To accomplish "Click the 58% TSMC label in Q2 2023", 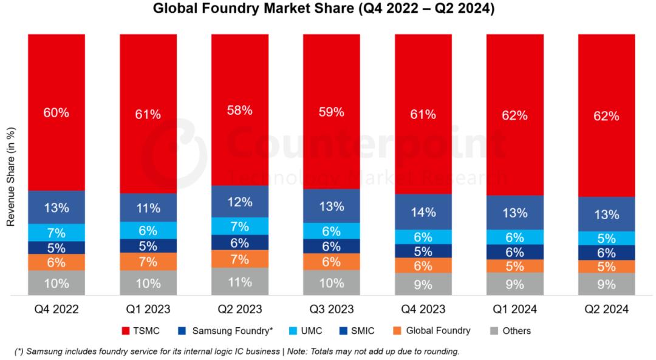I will [240, 111].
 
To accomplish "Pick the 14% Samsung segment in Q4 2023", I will [423, 212].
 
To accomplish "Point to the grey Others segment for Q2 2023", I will [240, 282].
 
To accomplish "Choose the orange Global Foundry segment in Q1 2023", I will [148, 262].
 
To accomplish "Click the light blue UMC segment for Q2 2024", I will [606, 238].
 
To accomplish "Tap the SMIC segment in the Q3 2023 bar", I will [332, 246].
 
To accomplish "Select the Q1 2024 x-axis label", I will [515, 310].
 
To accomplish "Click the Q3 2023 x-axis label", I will [332, 310].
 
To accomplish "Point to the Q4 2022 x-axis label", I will [56, 310].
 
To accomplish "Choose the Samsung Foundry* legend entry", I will [225, 331].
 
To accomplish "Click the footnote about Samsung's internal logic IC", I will [237, 352].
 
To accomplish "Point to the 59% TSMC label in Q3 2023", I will [332, 112].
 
